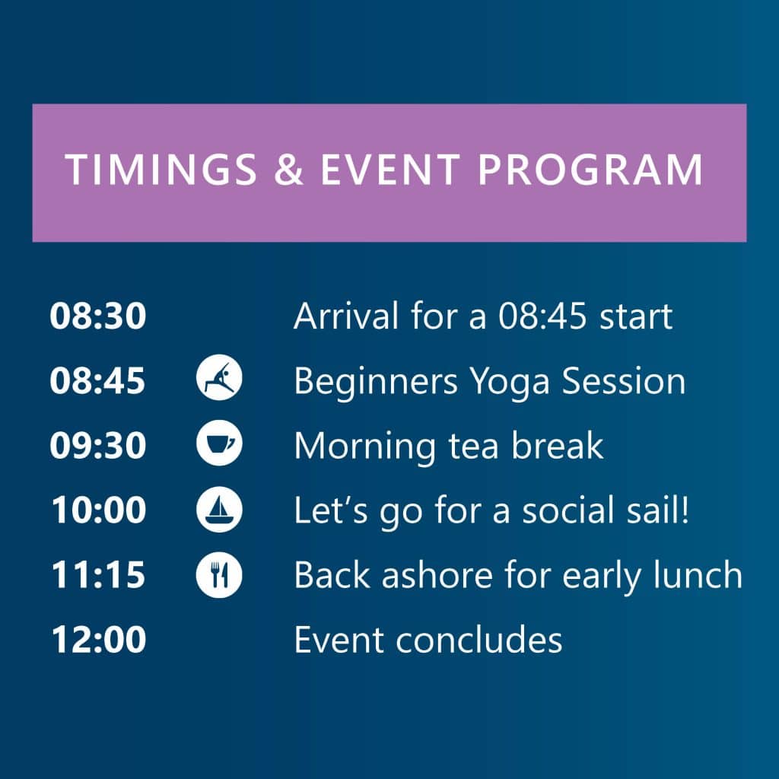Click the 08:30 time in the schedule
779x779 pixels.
point(98,316)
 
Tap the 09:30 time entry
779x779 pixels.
point(98,445)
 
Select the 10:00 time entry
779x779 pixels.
point(99,510)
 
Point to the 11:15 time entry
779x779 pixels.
point(98,575)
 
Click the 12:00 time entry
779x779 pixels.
point(99,639)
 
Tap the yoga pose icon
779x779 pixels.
point(219,377)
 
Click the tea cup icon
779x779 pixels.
point(219,443)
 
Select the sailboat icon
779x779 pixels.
point(219,510)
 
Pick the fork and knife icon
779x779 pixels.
point(219,575)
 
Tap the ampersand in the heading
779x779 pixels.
point(288,170)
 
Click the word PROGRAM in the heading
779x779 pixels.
point(590,170)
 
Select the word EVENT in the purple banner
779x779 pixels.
point(390,170)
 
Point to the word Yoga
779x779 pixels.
point(510,383)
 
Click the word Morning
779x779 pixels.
point(364,447)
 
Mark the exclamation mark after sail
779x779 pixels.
point(685,510)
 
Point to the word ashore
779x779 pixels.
point(437,575)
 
